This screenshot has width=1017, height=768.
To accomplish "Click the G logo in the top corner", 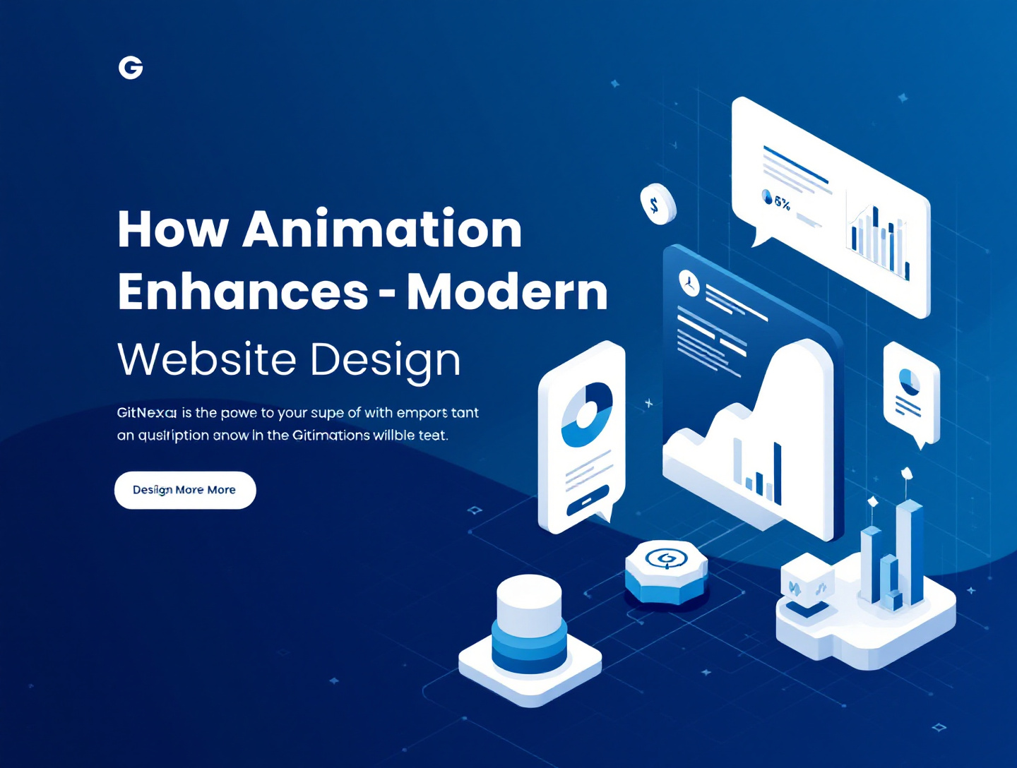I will tap(131, 68).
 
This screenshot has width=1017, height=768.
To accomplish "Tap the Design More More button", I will tap(184, 490).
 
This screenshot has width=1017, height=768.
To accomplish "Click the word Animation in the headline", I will tap(382, 229).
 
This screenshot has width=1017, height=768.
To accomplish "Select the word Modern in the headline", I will tap(507, 291).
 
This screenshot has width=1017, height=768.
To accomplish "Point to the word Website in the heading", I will tap(206, 359).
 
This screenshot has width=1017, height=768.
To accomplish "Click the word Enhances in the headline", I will tap(243, 291).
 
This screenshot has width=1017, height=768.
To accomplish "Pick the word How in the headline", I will tap(173, 229).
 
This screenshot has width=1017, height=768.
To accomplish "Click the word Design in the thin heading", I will tap(385, 361).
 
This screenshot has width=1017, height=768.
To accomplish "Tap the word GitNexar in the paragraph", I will tap(147, 413).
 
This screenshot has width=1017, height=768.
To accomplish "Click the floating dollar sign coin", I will tap(658, 205).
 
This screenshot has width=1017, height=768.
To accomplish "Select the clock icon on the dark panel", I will tap(689, 283).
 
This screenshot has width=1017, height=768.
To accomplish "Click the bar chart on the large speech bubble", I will tap(879, 241).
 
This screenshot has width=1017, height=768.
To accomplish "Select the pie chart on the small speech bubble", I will tap(909, 381).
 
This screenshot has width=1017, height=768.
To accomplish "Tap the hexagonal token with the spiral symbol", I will tap(666, 570).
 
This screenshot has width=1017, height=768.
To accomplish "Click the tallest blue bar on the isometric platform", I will tap(910, 551).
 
